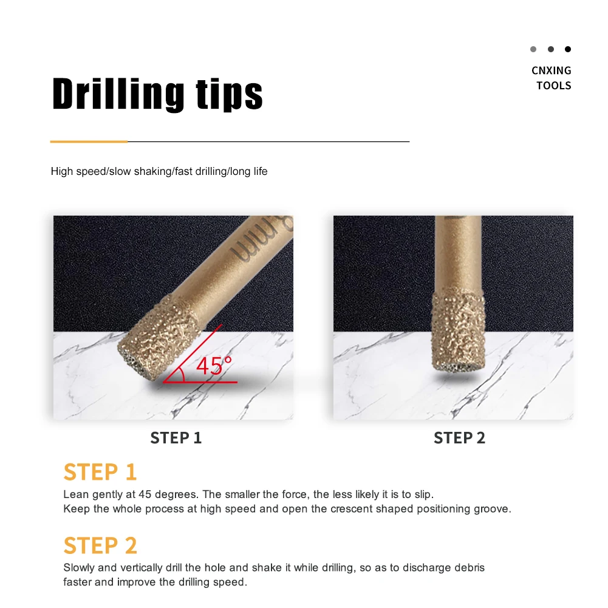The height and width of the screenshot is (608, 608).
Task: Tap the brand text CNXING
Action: click(x=551, y=70)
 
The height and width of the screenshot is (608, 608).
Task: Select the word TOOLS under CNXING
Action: click(x=554, y=86)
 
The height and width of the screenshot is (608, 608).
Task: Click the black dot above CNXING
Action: click(x=568, y=49)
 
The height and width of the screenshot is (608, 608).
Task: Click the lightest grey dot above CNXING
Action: click(x=533, y=49)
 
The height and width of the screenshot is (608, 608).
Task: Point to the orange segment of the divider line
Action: click(x=89, y=142)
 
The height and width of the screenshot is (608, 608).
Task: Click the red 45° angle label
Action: click(x=214, y=366)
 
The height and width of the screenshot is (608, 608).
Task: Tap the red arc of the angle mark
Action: click(x=180, y=374)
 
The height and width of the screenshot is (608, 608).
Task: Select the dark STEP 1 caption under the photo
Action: click(x=176, y=438)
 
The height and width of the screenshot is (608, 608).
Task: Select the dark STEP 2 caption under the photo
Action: click(x=459, y=438)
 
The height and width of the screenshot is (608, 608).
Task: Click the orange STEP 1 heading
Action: click(x=100, y=472)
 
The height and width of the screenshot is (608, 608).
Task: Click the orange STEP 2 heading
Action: click(x=100, y=545)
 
